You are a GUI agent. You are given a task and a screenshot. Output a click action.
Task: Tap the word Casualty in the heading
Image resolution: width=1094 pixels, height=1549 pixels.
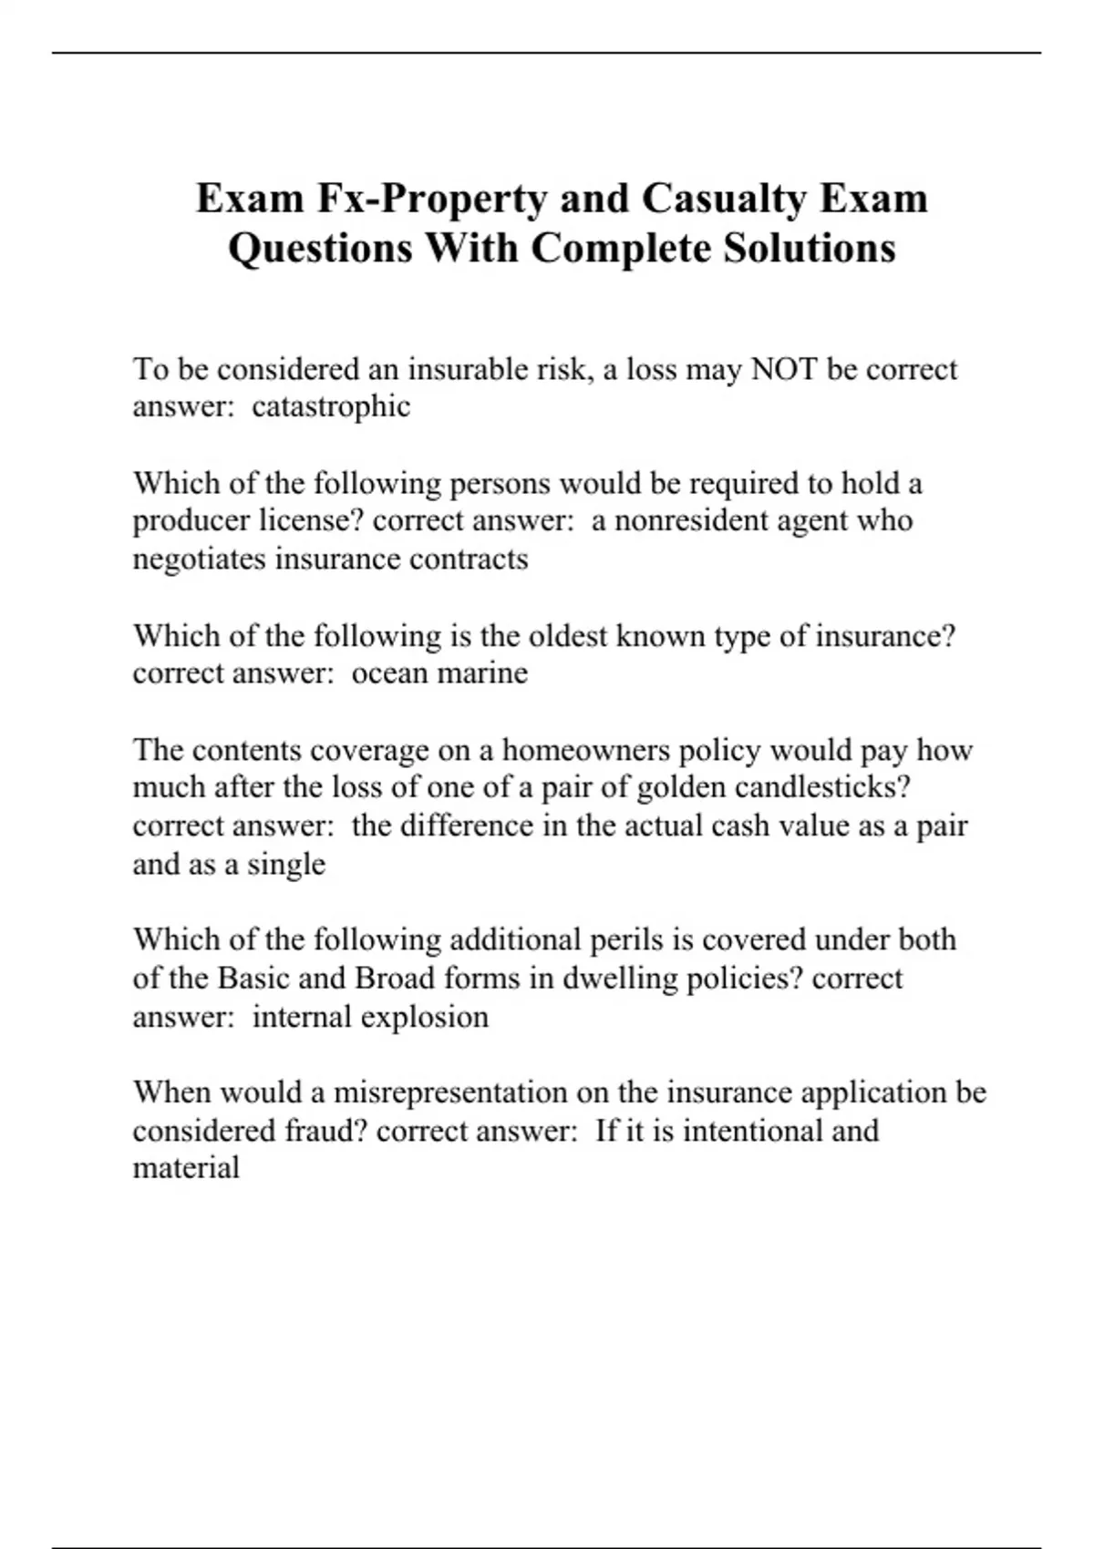724,199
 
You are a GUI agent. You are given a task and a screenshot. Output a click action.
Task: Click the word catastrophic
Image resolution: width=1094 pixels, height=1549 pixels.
331,406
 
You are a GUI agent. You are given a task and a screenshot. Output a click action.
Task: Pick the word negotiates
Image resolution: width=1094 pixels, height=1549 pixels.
201,559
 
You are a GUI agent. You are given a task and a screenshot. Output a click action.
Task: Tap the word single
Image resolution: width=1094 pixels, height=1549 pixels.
286,864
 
